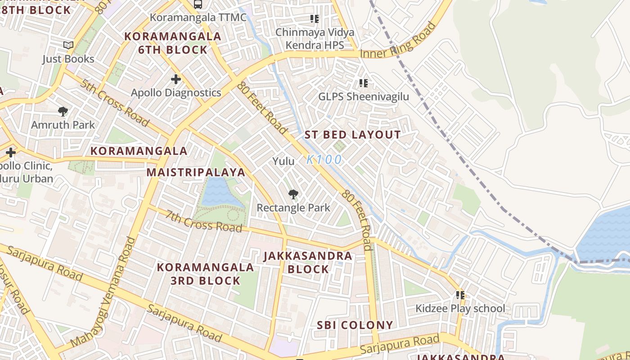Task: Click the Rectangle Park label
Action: pos(293,208)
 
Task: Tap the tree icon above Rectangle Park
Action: pos(293,194)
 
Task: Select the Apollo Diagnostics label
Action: pos(176,93)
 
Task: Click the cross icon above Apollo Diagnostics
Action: pos(176,80)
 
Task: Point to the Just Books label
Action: pos(68,59)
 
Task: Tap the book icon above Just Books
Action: pos(68,45)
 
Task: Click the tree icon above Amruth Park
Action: pos(63,111)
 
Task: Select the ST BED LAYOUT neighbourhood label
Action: pos(352,135)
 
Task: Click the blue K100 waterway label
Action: pos(324,159)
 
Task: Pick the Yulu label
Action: pos(283,161)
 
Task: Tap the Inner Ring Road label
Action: pos(399,40)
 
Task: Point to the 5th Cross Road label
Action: pos(115,102)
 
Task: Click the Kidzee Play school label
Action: pos(460,309)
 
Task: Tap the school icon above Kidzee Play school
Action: pos(460,295)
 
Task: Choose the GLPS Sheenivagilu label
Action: pos(364,97)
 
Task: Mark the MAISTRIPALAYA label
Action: pos(196,172)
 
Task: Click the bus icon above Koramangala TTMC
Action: pos(198,4)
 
